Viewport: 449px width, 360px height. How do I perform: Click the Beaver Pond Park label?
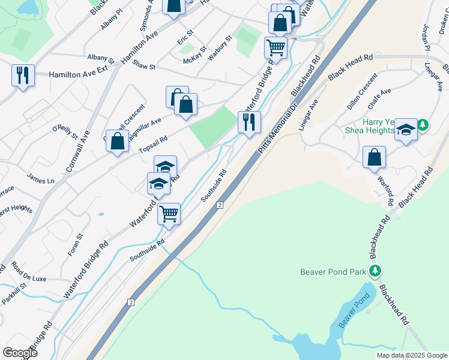click(x=333, y=272)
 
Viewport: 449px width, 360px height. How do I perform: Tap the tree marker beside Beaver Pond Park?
click(x=376, y=271)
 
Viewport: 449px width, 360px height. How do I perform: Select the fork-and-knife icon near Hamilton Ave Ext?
click(x=23, y=76)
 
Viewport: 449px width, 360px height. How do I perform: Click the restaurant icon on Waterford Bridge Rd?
click(x=249, y=122)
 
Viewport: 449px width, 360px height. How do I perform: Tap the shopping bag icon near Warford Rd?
click(x=374, y=158)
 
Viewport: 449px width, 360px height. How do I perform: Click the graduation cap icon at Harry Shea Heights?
click(x=406, y=131)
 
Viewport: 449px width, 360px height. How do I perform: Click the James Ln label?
click(x=41, y=179)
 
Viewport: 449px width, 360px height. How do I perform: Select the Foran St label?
click(x=75, y=245)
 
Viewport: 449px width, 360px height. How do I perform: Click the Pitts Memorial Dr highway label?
click(x=278, y=127)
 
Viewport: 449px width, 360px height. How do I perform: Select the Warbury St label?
click(x=220, y=49)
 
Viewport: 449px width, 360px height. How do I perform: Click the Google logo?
click(x=20, y=353)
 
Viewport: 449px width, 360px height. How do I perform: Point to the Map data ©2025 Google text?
click(x=411, y=355)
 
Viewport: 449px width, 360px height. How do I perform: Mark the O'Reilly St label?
click(x=65, y=133)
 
